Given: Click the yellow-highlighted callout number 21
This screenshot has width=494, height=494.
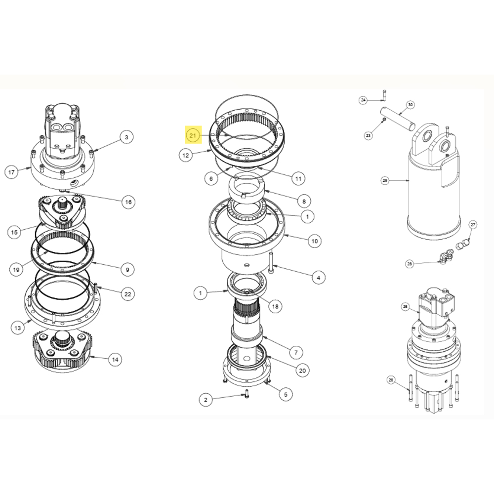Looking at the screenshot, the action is point(193,135).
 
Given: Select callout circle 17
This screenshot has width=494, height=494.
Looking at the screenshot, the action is point(12,172).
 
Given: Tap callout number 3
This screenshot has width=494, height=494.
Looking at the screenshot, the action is point(126,137).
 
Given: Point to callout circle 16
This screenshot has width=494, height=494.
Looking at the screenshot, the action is point(128,202).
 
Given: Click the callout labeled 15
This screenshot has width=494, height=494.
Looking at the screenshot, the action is point(14,232).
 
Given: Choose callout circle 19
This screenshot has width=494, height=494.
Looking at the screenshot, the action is point(16,269).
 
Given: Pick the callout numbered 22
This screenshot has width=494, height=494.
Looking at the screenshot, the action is point(127,294).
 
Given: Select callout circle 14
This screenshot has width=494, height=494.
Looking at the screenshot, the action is point(115,360).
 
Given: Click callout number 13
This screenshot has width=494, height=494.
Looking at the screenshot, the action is point(18,328).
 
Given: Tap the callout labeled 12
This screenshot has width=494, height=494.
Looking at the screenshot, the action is point(186,155).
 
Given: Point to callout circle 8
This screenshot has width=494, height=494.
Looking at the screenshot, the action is point(304,202).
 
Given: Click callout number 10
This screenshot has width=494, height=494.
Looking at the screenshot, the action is point(315,241).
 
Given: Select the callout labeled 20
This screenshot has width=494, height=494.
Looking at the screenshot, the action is point(302,370).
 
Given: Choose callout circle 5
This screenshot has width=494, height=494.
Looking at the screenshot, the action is point(286,394).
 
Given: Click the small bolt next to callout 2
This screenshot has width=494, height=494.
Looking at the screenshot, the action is point(247,393).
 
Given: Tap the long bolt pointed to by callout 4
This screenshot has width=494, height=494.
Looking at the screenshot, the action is point(271,262).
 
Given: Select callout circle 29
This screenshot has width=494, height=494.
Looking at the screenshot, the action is point(385,180).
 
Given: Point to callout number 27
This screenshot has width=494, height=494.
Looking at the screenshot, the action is point(473,225).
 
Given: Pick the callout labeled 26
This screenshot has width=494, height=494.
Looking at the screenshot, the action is point(405,306).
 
